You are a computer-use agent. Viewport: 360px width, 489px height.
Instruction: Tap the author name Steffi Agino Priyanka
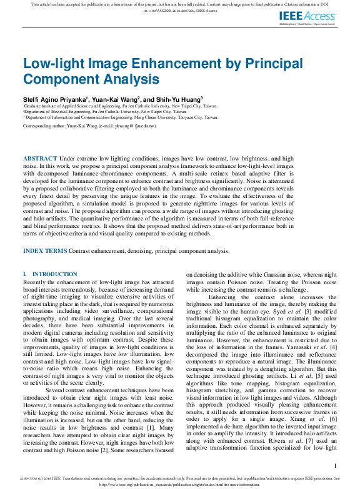click(54, 99)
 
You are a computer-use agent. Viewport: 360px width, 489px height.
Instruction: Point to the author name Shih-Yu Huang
click(180, 99)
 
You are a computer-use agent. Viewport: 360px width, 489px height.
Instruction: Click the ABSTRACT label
click(40, 159)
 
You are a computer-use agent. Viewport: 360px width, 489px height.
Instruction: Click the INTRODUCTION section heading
click(54, 274)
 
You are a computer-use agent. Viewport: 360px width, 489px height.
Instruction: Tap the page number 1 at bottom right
click(336, 466)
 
